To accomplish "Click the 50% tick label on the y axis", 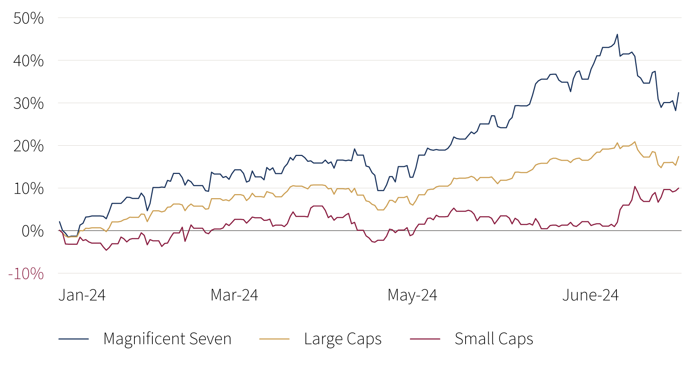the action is tap(29, 18).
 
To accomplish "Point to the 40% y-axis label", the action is tap(29, 61).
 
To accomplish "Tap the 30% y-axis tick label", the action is tap(29, 103).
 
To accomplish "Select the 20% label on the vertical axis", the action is tap(29, 146).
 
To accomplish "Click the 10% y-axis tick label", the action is tap(29, 189).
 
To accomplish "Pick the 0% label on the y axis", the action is tap(33, 231).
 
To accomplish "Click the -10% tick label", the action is tap(26, 274).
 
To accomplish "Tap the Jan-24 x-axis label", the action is tap(82, 295).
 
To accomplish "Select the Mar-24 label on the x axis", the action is tap(234, 295).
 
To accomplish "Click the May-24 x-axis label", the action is tap(412, 295).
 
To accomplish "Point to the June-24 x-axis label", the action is tap(590, 295).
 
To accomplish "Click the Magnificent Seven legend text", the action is tap(167, 339).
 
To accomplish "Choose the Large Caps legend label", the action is tap(343, 339).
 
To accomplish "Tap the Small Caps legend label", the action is tap(494, 339).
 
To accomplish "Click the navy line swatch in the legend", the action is tap(74, 339).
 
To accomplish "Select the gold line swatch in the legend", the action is tap(274, 339).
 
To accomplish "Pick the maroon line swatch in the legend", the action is tap(425, 339).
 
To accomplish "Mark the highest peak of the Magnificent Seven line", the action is tap(617, 34).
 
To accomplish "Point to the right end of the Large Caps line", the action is tap(679, 157).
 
